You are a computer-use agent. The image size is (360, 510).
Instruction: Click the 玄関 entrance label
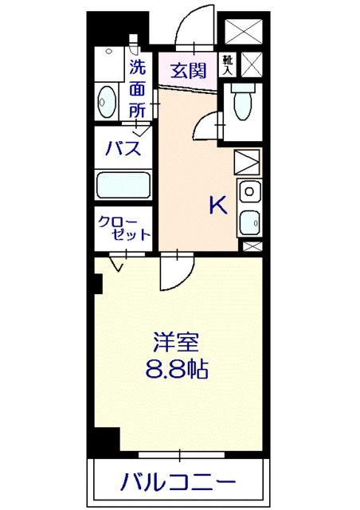[187, 67]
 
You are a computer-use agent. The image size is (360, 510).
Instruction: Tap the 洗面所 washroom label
[139, 89]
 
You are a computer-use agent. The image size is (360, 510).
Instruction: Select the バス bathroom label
[123, 148]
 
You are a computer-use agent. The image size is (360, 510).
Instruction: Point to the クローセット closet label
[123, 228]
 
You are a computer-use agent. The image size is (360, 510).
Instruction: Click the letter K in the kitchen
[217, 206]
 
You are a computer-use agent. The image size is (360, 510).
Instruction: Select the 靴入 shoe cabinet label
[228, 64]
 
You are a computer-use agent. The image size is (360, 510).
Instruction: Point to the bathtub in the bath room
[123, 187]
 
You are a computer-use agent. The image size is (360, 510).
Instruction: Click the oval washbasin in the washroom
[106, 101]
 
